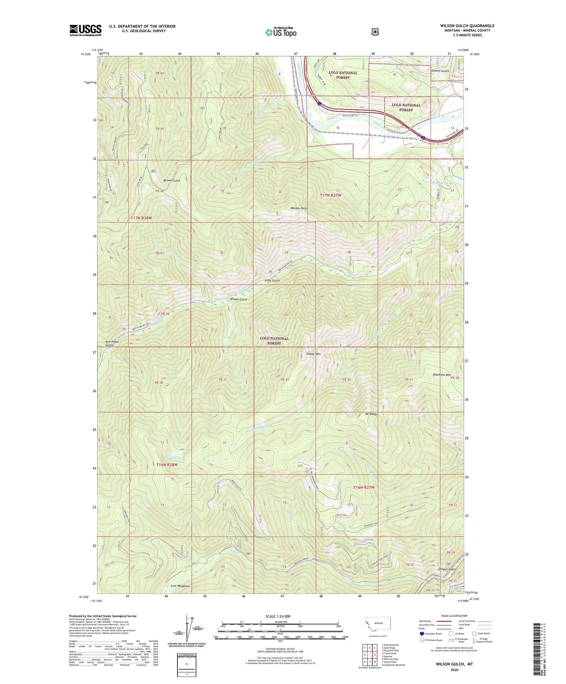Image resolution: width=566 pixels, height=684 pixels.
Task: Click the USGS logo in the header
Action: coord(85,30)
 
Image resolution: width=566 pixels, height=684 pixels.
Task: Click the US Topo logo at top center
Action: coord(280,32)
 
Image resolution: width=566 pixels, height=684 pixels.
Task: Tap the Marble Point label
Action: coord(298,208)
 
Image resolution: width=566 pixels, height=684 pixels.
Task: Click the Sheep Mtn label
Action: coord(313,354)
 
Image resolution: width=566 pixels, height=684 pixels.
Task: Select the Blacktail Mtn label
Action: coord(442,375)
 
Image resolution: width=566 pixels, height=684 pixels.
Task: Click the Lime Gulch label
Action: coord(272,280)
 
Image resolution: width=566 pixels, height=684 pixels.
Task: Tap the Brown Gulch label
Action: coord(172,180)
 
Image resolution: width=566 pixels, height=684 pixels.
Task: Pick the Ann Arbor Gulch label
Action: coord(112,343)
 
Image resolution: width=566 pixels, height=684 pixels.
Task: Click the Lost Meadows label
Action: coord(180,586)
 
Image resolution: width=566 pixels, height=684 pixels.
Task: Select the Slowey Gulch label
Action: coord(440,71)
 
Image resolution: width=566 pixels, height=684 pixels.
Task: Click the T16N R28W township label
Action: coord(167,465)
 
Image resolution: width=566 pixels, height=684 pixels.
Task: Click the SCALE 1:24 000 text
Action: coord(278,617)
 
